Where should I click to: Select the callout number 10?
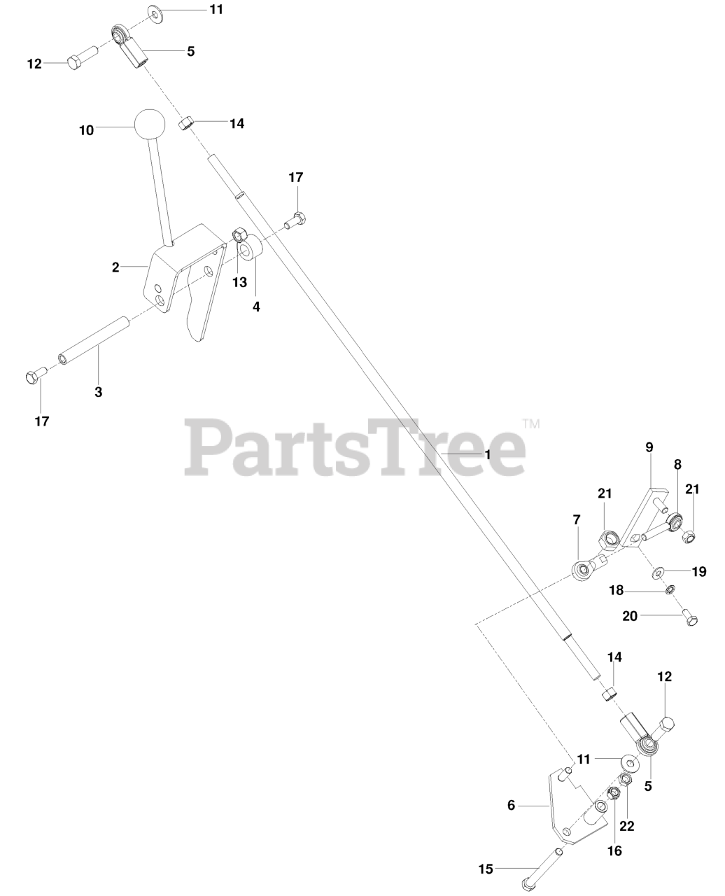pyautogui.click(x=86, y=130)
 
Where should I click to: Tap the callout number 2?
pyautogui.click(x=116, y=267)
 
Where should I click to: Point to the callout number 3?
pyautogui.click(x=99, y=392)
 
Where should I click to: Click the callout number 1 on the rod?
pyautogui.click(x=488, y=454)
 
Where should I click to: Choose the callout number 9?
pyautogui.click(x=649, y=447)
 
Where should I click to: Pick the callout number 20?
pyautogui.click(x=630, y=616)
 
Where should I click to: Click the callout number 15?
pyautogui.click(x=486, y=869)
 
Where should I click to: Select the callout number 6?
pyautogui.click(x=511, y=806)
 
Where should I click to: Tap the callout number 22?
pyautogui.click(x=626, y=826)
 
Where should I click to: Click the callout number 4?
pyautogui.click(x=256, y=306)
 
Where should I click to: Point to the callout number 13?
pyautogui.click(x=239, y=282)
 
